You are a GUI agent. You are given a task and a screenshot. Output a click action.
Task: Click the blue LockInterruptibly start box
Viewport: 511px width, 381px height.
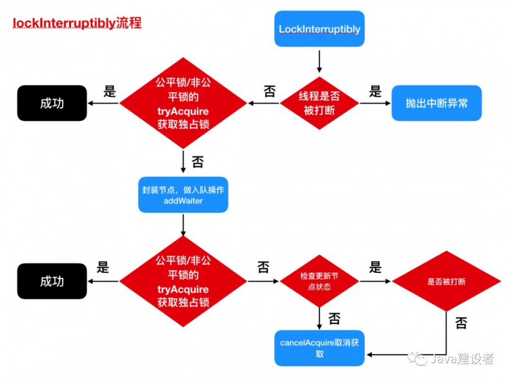(x=319, y=29)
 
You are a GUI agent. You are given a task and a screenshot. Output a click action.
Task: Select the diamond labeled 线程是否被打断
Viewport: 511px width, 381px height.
(x=319, y=103)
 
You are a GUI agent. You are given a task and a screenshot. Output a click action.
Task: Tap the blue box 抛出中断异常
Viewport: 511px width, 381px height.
(x=436, y=103)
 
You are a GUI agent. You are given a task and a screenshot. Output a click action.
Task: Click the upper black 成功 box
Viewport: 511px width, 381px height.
(x=52, y=103)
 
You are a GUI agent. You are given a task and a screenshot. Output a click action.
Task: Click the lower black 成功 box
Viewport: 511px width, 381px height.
(x=52, y=281)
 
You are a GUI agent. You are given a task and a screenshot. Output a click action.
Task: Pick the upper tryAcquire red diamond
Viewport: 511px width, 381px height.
(x=183, y=103)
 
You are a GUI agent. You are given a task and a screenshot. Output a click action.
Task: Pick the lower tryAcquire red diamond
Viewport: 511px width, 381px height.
(x=183, y=281)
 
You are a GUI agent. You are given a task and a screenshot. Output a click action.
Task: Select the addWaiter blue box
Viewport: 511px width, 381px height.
(x=183, y=195)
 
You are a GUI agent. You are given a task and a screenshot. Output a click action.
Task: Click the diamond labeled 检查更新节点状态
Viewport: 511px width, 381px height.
(x=319, y=281)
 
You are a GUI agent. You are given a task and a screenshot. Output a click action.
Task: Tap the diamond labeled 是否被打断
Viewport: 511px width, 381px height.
(x=446, y=281)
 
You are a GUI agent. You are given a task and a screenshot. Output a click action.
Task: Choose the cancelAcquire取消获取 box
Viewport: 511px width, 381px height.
(x=319, y=348)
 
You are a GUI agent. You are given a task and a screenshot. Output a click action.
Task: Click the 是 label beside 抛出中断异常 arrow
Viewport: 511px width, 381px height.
(x=376, y=92)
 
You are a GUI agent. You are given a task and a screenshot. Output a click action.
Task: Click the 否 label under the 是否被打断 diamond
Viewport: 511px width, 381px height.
(x=460, y=323)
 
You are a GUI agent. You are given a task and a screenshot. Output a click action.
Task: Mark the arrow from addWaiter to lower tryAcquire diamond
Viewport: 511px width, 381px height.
(x=183, y=224)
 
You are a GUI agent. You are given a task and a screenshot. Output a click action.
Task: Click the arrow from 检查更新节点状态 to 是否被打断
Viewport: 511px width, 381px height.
(x=376, y=281)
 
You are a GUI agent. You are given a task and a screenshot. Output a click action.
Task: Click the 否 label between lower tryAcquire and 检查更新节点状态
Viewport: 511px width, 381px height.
(x=263, y=268)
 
